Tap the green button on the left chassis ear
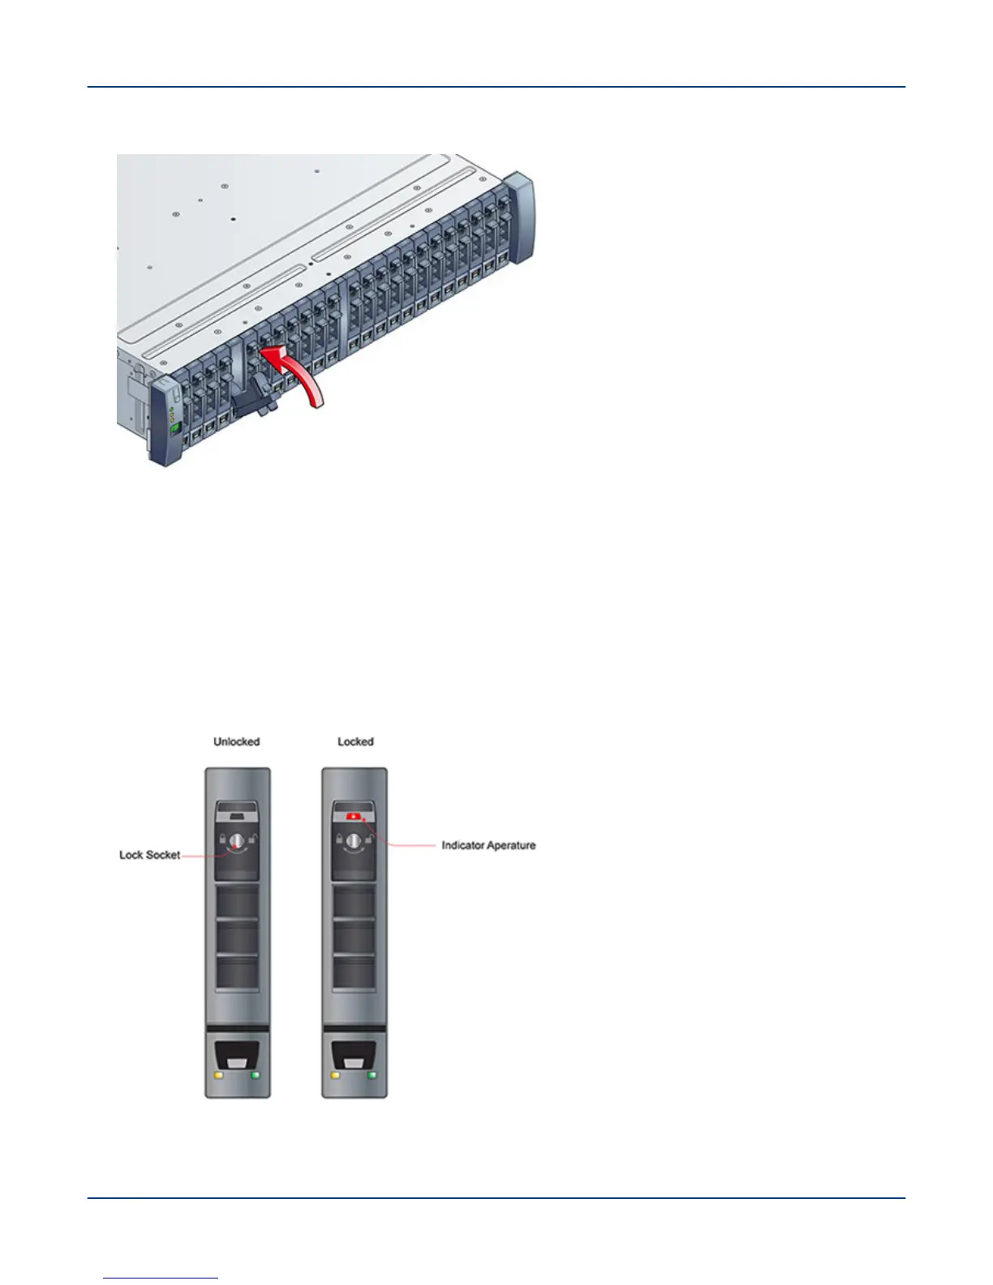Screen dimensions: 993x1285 tap(174, 425)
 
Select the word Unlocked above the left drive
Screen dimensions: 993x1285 tap(236, 741)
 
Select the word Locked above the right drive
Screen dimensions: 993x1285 tap(355, 741)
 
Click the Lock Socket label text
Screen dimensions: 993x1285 tap(150, 855)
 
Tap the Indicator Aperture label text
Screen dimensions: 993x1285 tap(488, 845)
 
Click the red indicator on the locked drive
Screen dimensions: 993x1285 tap(354, 816)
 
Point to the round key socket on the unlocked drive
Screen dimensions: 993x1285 tap(236, 841)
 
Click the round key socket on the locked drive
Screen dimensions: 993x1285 tap(354, 841)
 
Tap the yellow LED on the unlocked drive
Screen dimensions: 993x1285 tap(218, 1076)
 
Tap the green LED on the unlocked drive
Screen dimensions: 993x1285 tap(256, 1076)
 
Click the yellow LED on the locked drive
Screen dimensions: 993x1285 tap(335, 1076)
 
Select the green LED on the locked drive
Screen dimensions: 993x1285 tap(372, 1076)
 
